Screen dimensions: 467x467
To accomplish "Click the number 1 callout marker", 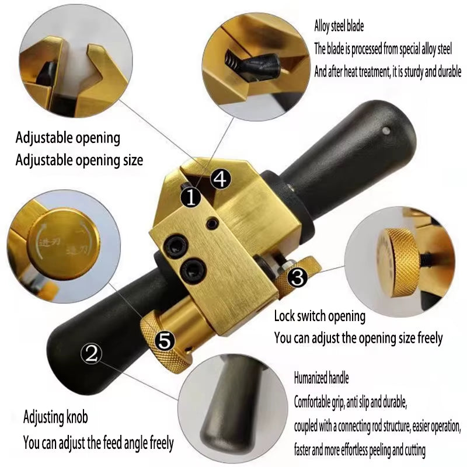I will click(190, 197).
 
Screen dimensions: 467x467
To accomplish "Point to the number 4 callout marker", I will click(219, 179).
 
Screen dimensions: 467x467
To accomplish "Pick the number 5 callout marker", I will click(166, 340).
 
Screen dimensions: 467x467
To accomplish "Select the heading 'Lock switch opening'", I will click(320, 316).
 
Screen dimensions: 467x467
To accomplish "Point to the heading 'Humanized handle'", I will click(321, 378).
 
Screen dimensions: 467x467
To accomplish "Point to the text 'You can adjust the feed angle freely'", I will click(98, 442).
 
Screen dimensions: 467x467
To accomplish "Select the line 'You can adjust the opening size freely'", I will click(358, 337).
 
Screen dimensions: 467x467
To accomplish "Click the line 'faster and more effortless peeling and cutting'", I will click(360, 450).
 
